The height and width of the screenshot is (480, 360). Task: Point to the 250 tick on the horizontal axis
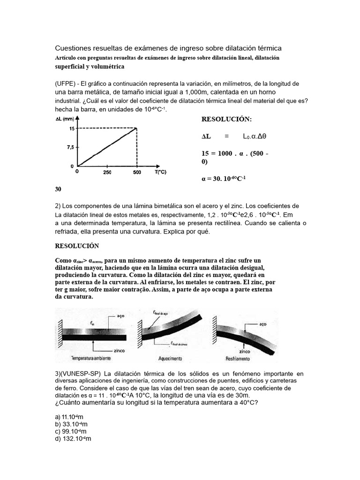tap(107, 172)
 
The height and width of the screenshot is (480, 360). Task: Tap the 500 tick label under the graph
tap(137, 172)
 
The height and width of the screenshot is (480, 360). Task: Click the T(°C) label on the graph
tap(160, 172)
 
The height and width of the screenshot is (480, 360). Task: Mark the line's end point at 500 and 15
tap(136, 128)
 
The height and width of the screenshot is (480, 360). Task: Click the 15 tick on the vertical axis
tap(71, 128)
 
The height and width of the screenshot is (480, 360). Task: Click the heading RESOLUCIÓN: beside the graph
tap(226, 120)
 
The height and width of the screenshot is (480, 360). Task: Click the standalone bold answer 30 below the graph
tap(58, 189)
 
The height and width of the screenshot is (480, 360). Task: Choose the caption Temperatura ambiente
tap(91, 358)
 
